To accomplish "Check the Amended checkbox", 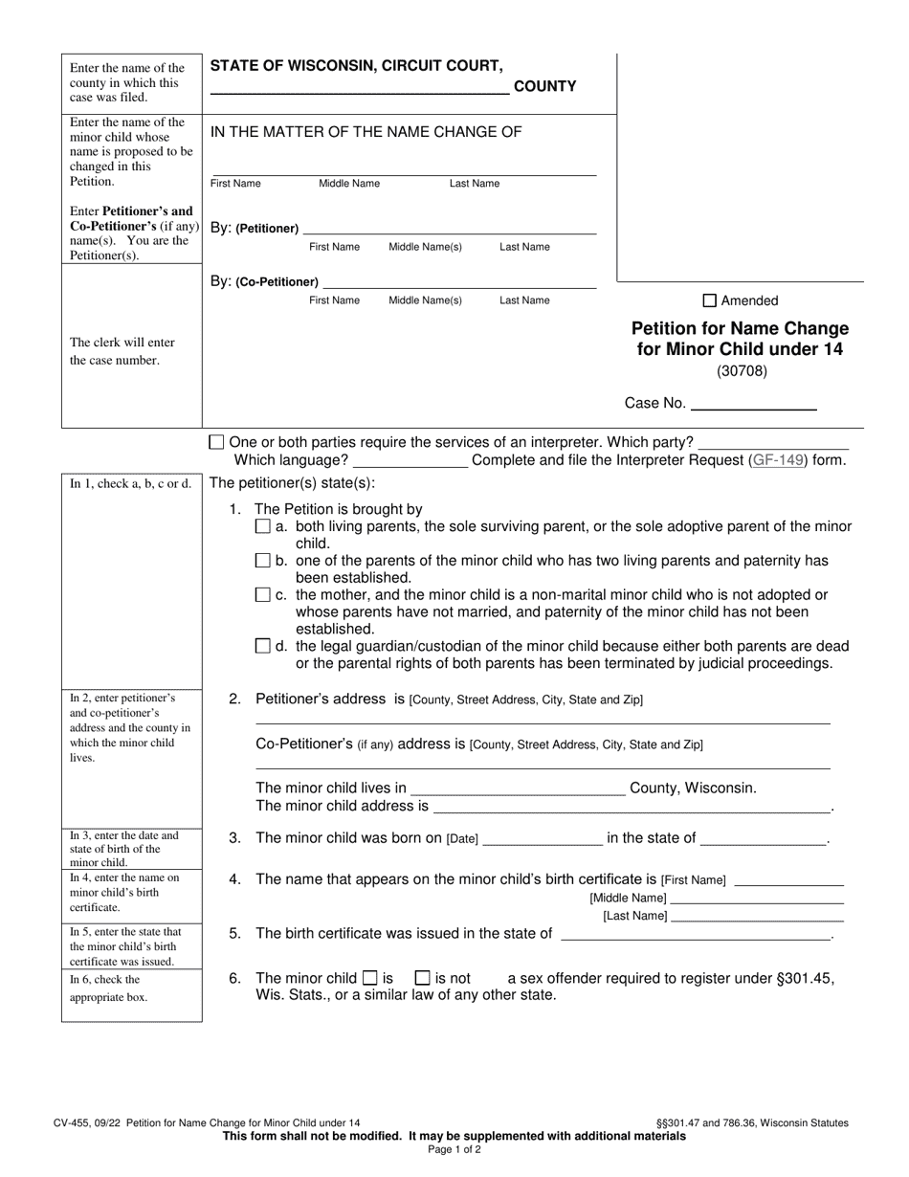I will [710, 300].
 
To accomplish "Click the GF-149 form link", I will [778, 460].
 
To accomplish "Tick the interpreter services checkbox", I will [216, 442].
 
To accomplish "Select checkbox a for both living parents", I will [263, 527].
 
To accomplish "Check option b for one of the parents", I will [263, 561].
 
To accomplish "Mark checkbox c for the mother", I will [263, 595].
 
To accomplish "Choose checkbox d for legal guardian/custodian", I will [263, 647].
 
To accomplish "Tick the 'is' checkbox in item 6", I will [370, 978].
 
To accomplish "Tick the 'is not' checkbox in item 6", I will [422, 978].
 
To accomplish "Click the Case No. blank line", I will [753, 404].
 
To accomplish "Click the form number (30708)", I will [741, 371].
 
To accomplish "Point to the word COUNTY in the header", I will [544, 87].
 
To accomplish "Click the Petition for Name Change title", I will [740, 339].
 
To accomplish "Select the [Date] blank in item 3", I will [543, 839].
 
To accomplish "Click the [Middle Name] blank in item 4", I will [757, 899].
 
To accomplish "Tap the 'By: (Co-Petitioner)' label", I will [264, 281].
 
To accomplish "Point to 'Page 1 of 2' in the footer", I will [454, 1150].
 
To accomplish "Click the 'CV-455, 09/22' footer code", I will [87, 1123].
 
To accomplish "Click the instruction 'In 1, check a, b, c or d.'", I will [130, 484].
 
